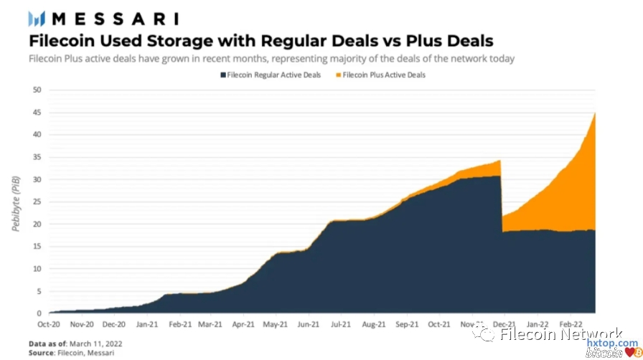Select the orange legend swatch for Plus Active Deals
click(338, 75)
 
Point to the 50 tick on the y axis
click(37, 90)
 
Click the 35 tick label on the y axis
click(37, 157)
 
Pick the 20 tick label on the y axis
click(37, 224)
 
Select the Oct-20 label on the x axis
click(49, 324)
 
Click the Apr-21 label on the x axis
click(244, 324)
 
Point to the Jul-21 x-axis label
click(341, 324)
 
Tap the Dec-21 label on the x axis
click(504, 324)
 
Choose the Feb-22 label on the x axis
click(570, 324)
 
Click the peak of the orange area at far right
click(595, 113)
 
